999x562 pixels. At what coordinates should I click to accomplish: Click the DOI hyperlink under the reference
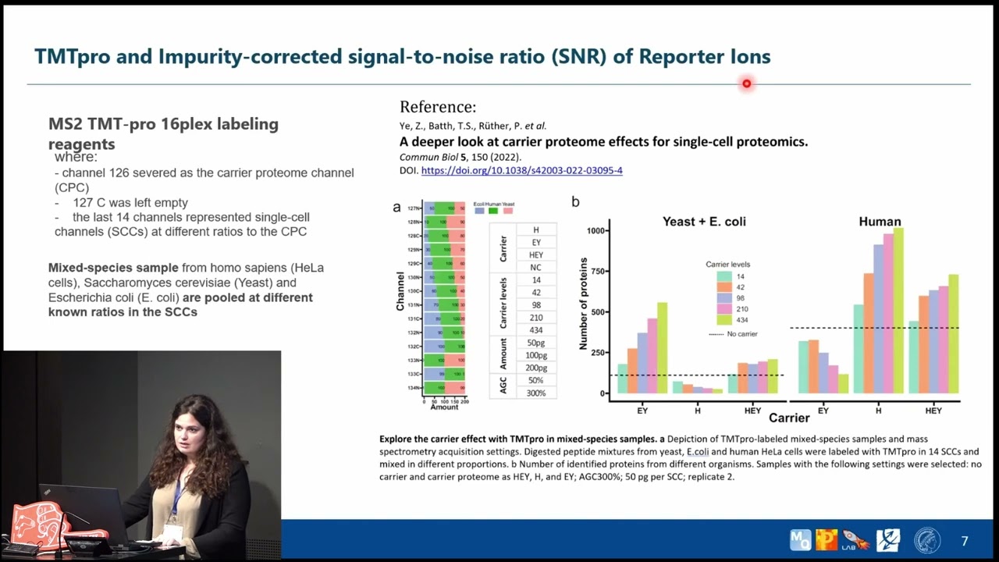tap(521, 170)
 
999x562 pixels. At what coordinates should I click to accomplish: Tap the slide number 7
tap(965, 541)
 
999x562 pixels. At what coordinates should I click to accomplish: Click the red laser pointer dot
tap(747, 84)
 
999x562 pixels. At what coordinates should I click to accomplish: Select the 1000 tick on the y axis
tap(595, 231)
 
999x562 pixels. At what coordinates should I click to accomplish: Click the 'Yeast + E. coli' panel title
tap(704, 222)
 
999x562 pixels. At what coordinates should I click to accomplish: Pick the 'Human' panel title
tap(880, 222)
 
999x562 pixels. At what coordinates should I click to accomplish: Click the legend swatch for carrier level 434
tap(723, 320)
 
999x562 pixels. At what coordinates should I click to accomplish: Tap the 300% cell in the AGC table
tap(535, 393)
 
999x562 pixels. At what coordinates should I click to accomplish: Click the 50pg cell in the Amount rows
tap(535, 343)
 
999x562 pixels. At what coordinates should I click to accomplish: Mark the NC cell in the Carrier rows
tap(535, 267)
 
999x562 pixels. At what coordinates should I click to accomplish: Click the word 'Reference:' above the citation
tap(437, 107)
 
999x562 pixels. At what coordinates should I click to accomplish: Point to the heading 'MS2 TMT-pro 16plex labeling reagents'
tap(163, 133)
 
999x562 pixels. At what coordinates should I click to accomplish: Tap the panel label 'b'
tap(575, 202)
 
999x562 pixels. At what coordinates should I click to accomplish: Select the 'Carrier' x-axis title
tap(789, 418)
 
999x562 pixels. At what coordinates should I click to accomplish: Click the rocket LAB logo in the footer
tap(856, 539)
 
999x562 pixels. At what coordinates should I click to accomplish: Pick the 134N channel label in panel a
tap(414, 388)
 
